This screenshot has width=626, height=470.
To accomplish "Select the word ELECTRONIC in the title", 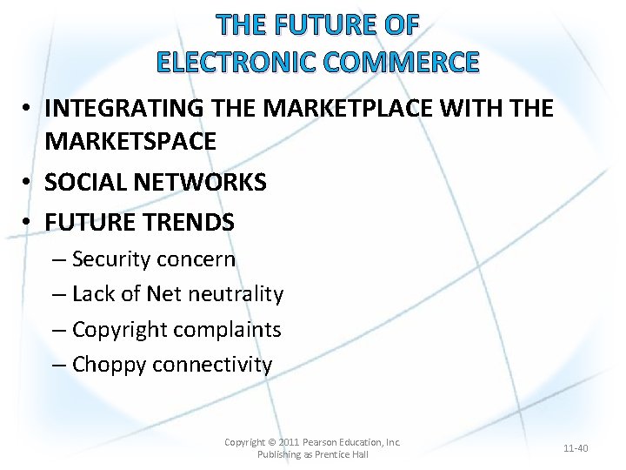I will pos(223,63).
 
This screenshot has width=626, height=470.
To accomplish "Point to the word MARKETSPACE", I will pos(130,141).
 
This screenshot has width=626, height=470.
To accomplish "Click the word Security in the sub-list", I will pos(108,259).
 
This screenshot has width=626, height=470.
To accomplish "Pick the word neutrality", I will pos(233,294).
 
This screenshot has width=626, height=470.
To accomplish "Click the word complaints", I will pos(228,330).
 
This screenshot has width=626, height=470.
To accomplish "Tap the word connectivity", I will pos(212,365).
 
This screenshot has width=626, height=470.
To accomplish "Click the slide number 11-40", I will pos(576,448).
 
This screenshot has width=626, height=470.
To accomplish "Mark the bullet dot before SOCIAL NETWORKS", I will pos(29,182).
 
